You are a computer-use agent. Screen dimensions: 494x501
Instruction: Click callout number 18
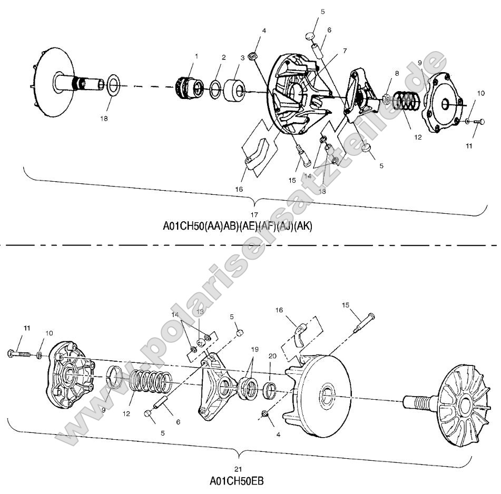pos(104,118)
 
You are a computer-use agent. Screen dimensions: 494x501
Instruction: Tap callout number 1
pos(197,55)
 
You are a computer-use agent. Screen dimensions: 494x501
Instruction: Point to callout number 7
pos(345,51)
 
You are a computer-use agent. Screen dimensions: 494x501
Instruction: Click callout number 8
pos(397,73)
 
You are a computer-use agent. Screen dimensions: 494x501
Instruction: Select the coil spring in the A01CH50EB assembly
pos(152,383)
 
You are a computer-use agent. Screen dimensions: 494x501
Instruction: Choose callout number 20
pos(272,356)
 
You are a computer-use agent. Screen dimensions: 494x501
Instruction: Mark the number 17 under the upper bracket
pos(254,215)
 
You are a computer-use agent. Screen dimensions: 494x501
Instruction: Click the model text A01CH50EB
pos(237,480)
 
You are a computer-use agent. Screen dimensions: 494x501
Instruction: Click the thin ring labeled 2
pos(215,89)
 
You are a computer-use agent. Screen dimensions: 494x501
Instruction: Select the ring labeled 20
pos(270,390)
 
